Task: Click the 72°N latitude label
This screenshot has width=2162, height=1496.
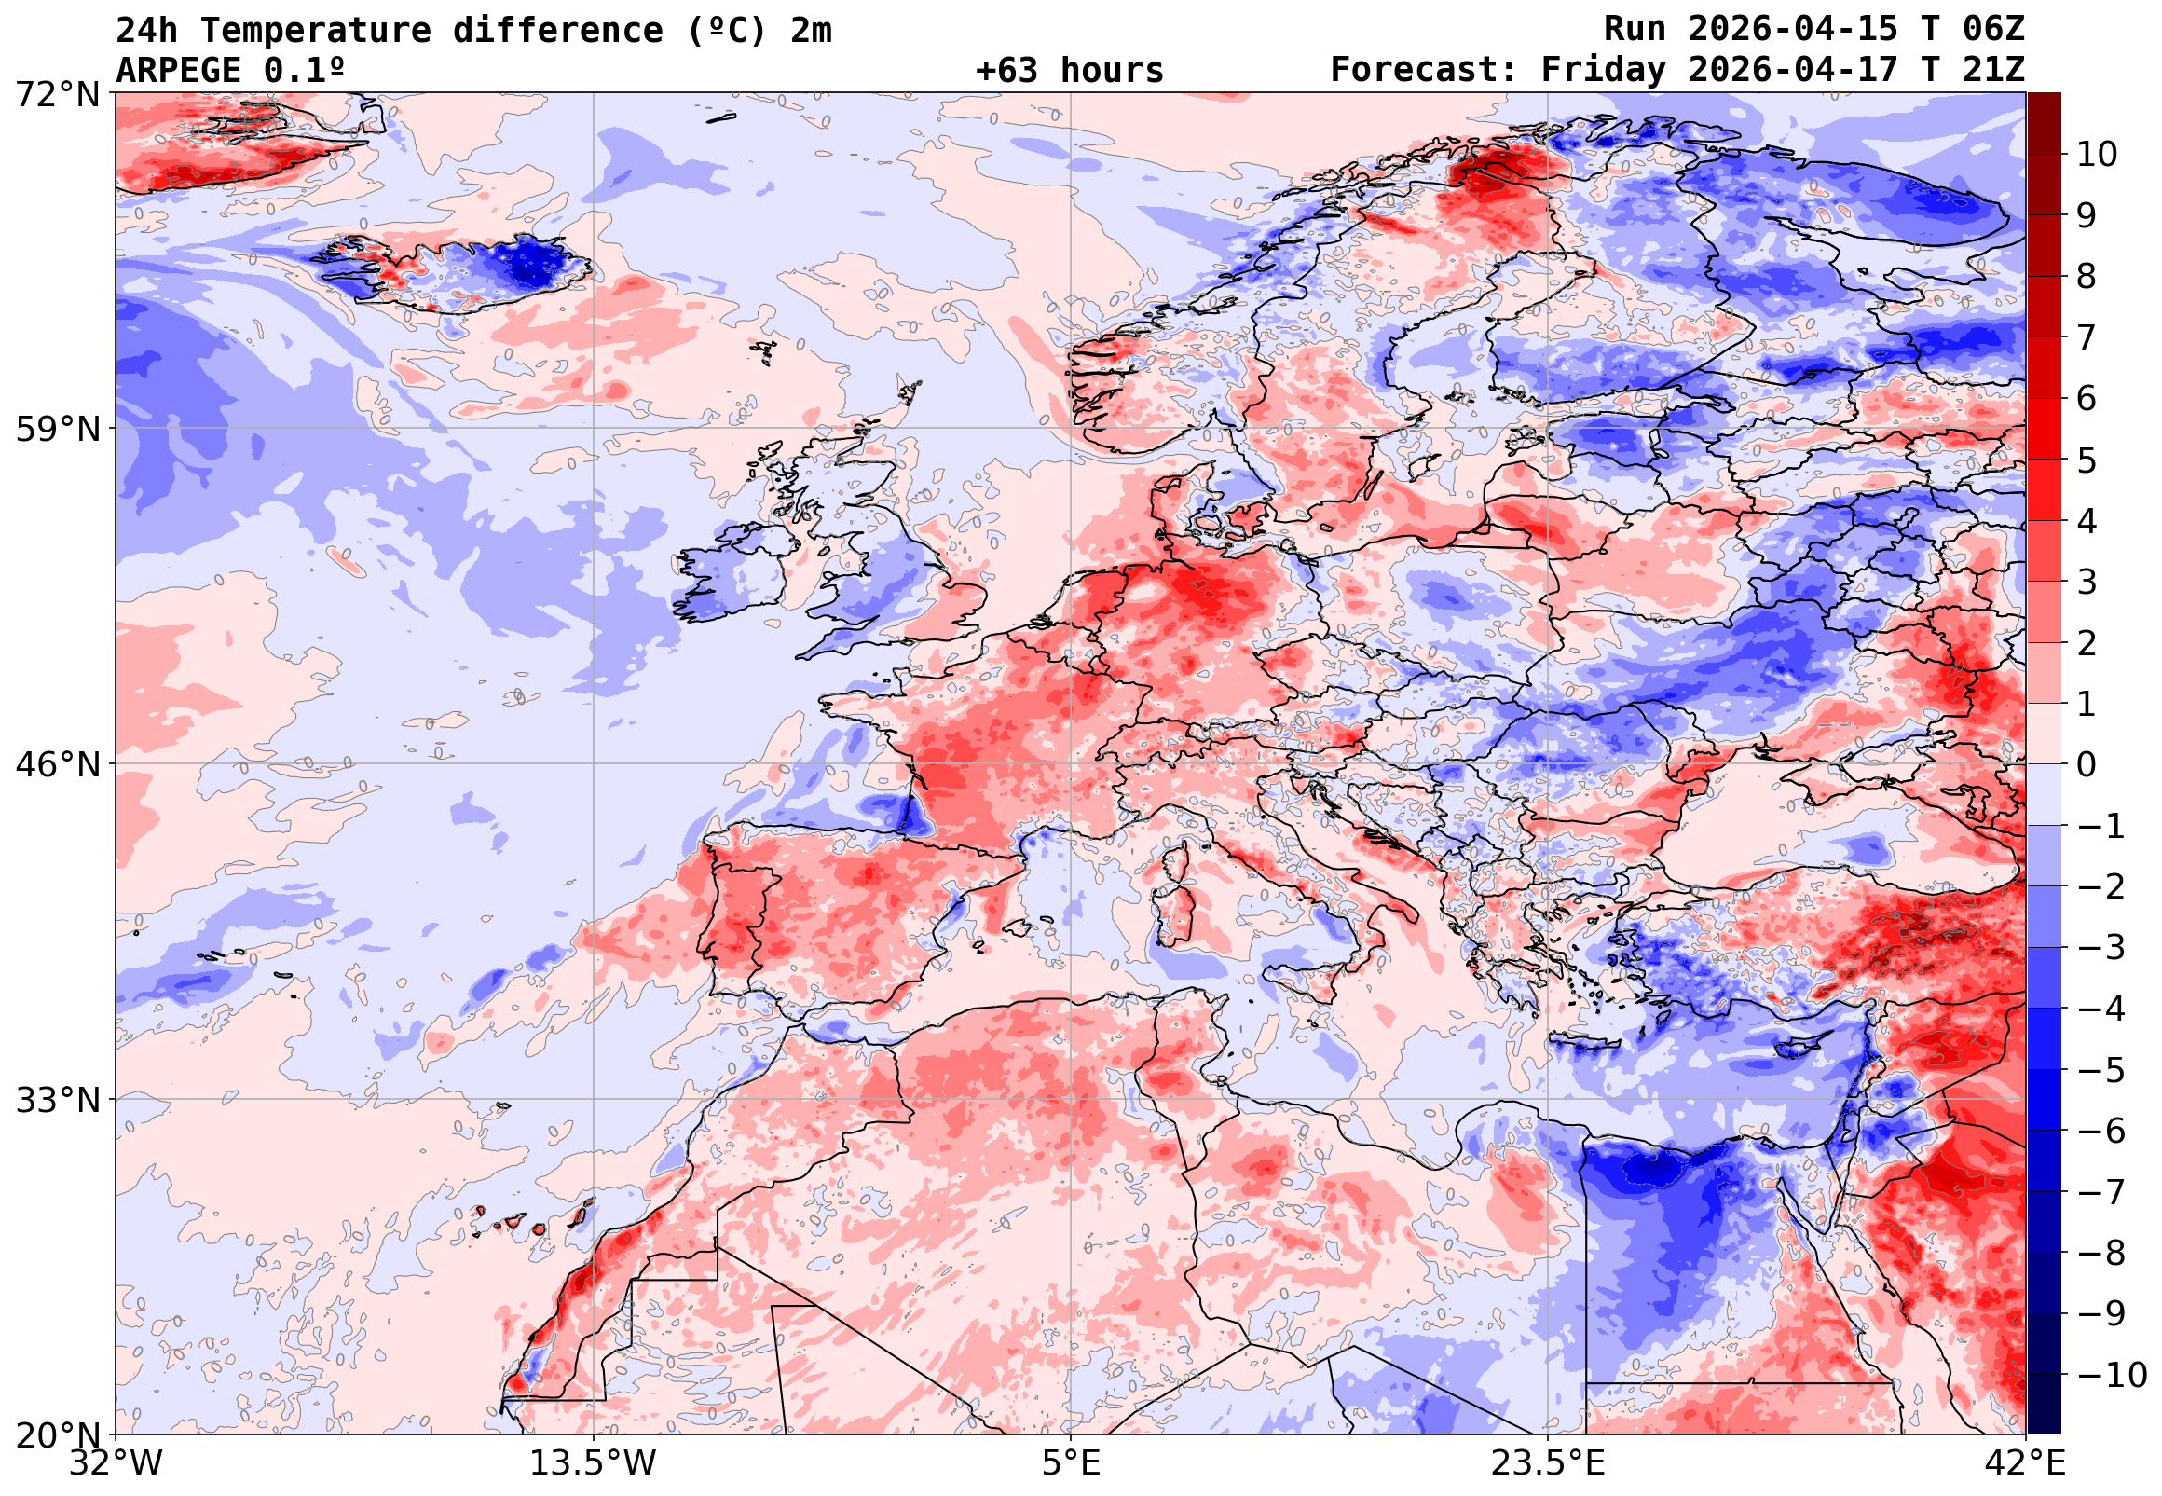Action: [x=57, y=95]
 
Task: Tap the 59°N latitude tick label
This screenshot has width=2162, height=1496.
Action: [x=57, y=430]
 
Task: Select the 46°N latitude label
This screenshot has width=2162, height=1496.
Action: [x=57, y=765]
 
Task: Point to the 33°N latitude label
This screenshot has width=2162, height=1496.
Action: [x=57, y=1100]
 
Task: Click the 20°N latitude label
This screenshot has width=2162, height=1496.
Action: [x=57, y=1435]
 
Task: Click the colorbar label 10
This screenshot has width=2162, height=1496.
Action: [x=2097, y=155]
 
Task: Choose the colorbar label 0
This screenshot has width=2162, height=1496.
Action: [x=2087, y=765]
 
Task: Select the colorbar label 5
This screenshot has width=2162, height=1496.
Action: [x=2087, y=460]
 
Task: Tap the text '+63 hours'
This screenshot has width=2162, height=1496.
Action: [x=1069, y=70]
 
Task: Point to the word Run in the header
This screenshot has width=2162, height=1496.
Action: [x=1635, y=30]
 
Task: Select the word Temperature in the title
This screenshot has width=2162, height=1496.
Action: [x=315, y=31]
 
